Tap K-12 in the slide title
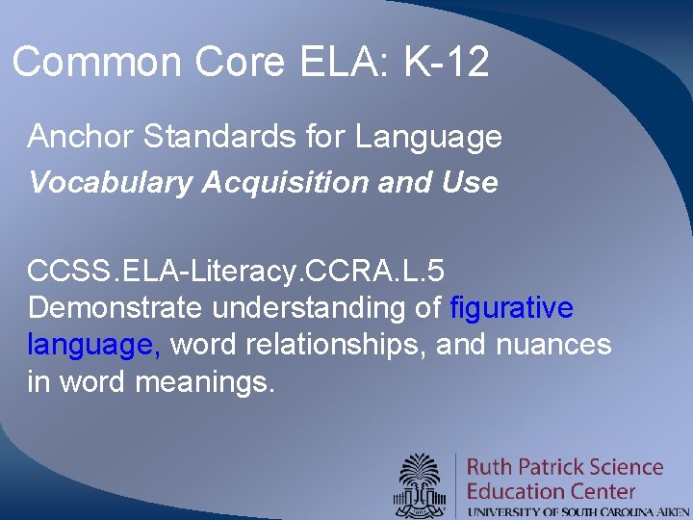tap(448, 64)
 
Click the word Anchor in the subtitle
tap(81, 138)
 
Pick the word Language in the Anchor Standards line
tap(428, 138)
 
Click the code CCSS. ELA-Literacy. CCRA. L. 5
tap(236, 271)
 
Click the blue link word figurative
tap(512, 308)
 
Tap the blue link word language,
tap(94, 346)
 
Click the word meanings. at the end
tap(205, 382)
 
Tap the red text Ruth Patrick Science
tap(565, 467)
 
